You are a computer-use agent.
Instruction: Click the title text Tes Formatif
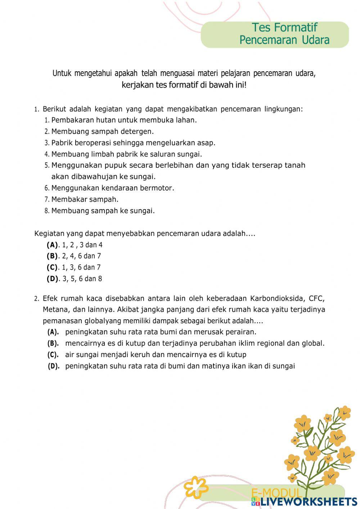pyautogui.click(x=284, y=27)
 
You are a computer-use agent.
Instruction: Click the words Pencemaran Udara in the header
pyautogui.click(x=284, y=40)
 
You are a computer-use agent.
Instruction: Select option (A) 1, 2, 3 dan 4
pyautogui.click(x=75, y=245)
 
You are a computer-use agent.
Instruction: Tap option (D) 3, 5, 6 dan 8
pyautogui.click(x=75, y=279)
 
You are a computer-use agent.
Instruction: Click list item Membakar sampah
pyautogui.click(x=85, y=199)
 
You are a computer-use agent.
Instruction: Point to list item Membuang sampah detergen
pyautogui.click(x=102, y=131)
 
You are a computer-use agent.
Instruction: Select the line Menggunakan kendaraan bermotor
pyautogui.click(x=112, y=188)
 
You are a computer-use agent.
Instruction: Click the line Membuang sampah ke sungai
pyautogui.click(x=103, y=211)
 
